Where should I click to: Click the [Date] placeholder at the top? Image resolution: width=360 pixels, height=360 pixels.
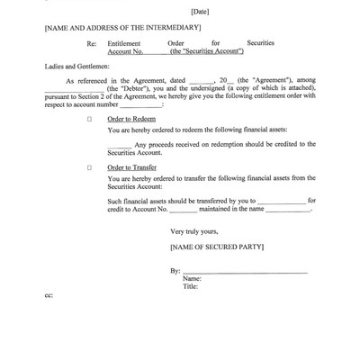click(201, 12)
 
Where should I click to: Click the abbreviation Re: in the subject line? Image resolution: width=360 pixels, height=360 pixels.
click(91, 42)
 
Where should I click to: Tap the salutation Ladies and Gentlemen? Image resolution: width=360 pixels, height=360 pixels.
click(76, 66)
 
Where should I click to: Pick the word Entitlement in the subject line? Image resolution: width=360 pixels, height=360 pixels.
click(123, 42)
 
